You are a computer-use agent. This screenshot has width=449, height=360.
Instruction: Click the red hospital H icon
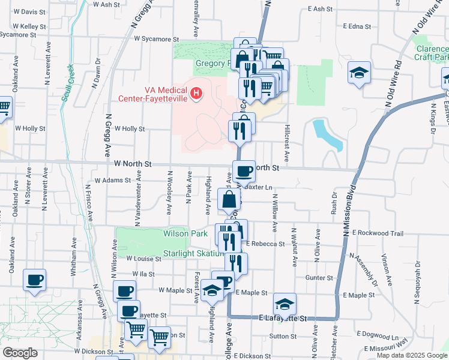point(196,94)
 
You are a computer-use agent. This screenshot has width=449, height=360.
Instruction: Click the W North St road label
point(132,163)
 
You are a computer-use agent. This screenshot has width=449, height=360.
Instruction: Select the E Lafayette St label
point(282,318)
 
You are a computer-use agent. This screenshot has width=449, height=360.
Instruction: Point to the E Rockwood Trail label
point(377,232)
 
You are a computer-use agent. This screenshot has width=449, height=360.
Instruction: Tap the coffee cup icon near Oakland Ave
point(34,279)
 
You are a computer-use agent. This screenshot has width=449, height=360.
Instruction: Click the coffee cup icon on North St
point(244,171)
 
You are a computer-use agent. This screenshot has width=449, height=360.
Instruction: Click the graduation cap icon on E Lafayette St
point(285,303)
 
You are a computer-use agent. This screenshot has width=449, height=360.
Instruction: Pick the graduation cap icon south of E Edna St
point(359,73)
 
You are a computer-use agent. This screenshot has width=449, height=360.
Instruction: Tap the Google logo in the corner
point(20,353)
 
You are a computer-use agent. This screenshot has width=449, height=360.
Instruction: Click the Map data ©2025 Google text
point(411,355)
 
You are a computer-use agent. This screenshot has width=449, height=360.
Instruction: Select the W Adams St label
point(112,180)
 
